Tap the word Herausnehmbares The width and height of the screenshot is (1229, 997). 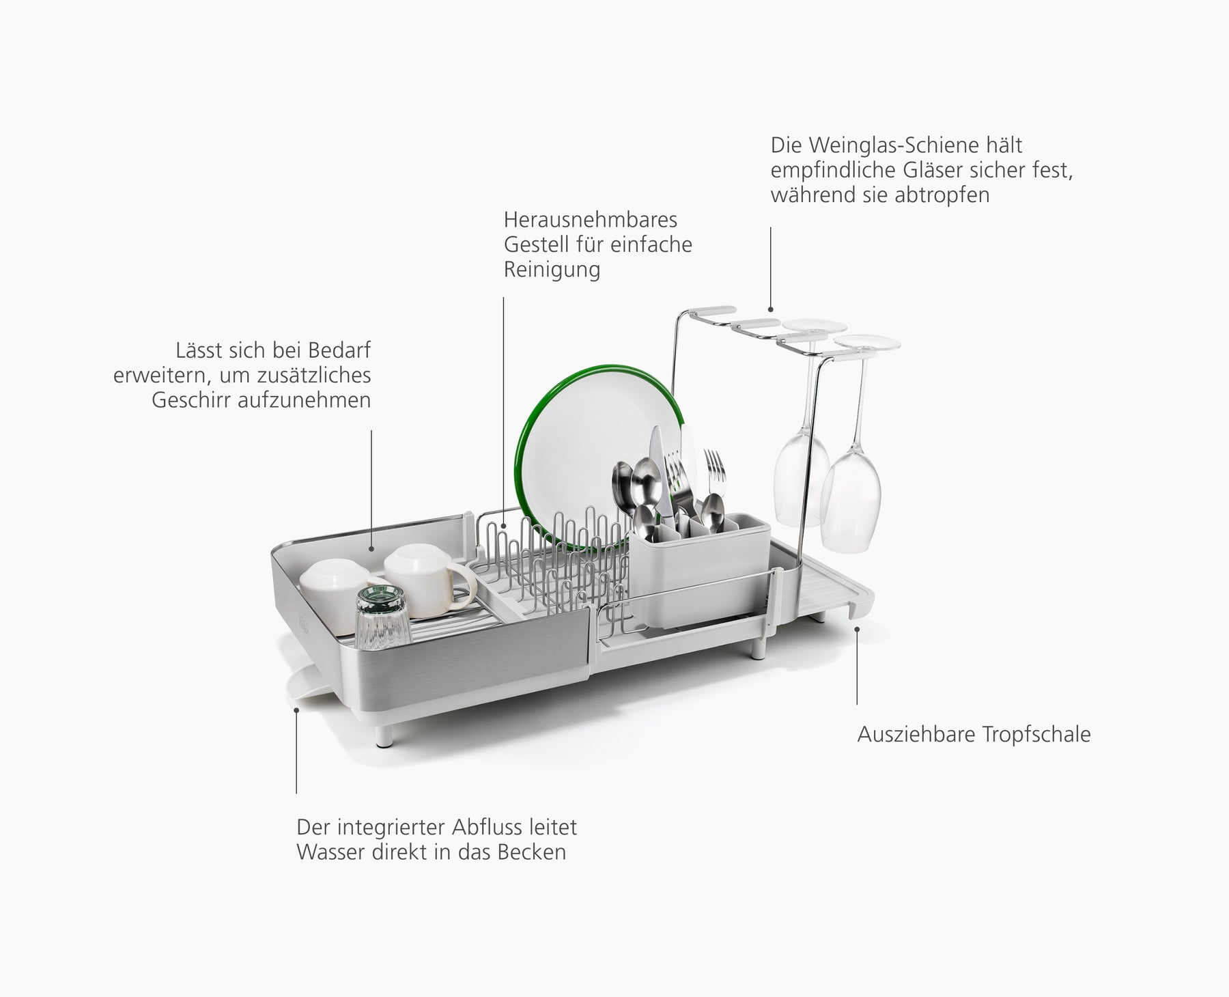point(590,220)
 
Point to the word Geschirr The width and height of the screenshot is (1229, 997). point(191,400)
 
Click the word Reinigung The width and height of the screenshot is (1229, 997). point(552,270)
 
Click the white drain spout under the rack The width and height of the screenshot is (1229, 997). point(311,690)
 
